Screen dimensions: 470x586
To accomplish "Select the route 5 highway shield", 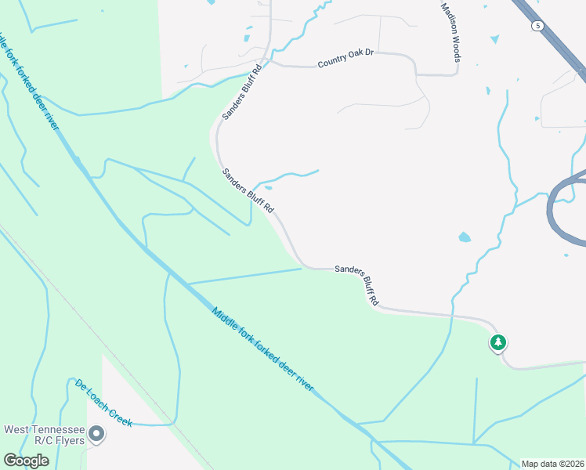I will tap(537, 26).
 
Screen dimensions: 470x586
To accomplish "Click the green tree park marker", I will tap(497, 342).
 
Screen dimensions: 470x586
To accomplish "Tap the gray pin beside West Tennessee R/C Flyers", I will tap(96, 433).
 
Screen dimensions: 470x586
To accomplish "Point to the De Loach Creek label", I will tap(103, 403).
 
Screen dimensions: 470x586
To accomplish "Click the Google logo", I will tap(26, 461).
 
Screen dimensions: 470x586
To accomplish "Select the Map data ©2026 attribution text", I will tap(552, 464).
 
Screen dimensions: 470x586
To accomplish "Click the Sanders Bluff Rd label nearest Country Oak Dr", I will tap(241, 92).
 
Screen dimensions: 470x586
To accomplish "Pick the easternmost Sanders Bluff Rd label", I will tap(357, 284).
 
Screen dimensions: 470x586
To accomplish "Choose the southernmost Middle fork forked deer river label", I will tap(262, 349).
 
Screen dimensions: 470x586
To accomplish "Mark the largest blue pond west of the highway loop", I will tap(465, 237).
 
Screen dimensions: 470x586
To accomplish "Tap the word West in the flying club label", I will tap(20, 429).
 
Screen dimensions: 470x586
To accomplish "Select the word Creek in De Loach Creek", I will tap(119, 417).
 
